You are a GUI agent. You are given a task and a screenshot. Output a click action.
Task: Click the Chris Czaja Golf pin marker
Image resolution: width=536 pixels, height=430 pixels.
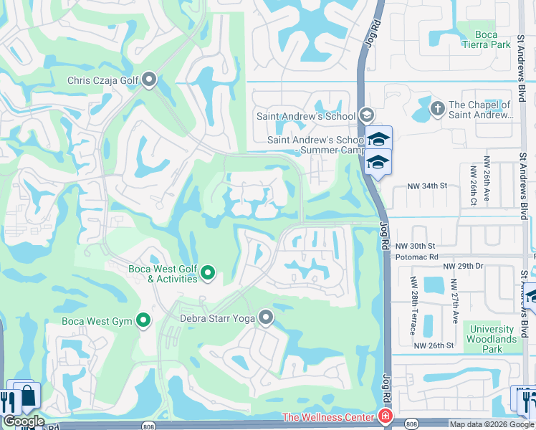(149, 80)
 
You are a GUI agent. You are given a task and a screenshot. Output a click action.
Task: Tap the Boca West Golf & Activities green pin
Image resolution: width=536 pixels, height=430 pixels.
(208, 272)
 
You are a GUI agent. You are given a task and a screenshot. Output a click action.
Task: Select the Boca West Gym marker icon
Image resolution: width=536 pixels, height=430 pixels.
(144, 320)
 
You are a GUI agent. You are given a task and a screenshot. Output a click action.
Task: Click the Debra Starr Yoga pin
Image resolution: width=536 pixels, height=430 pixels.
(267, 316)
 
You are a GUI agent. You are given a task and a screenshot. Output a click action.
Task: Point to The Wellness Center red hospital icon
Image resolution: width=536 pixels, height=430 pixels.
(386, 417)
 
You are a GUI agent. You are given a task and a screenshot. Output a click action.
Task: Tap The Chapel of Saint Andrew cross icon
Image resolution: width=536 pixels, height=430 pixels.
(437, 108)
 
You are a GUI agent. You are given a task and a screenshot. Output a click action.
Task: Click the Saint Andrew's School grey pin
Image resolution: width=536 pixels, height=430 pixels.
(367, 115)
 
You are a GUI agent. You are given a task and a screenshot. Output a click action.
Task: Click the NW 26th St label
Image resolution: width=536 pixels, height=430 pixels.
(434, 345)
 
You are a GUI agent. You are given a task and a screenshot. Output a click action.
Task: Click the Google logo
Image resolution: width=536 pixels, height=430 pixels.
(24, 421)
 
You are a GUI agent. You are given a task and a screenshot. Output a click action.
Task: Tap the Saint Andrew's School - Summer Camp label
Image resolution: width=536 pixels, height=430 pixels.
(316, 145)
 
